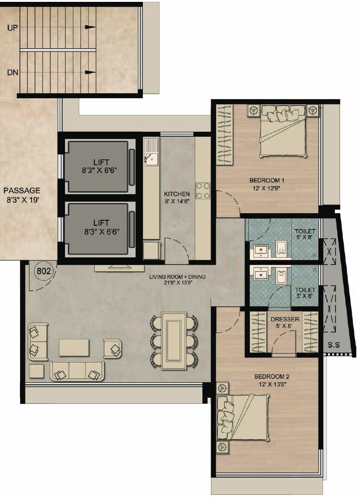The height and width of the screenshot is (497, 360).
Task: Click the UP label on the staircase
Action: [x=13, y=27]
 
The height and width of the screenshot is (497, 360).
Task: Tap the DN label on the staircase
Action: [x=13, y=73]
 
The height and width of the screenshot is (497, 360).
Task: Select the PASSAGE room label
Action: [x=22, y=191]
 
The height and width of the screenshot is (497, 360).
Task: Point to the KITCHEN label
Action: [x=177, y=194]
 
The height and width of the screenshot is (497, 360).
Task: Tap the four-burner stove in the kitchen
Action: [x=203, y=191]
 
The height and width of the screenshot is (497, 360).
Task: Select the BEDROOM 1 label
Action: [x=266, y=180]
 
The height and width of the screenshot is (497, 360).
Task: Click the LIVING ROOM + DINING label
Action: [x=177, y=277]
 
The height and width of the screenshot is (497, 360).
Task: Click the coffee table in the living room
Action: [x=74, y=347]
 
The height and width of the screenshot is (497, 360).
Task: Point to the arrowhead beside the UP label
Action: [x=90, y=27]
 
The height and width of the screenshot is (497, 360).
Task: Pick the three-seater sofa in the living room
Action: [x=77, y=371]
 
